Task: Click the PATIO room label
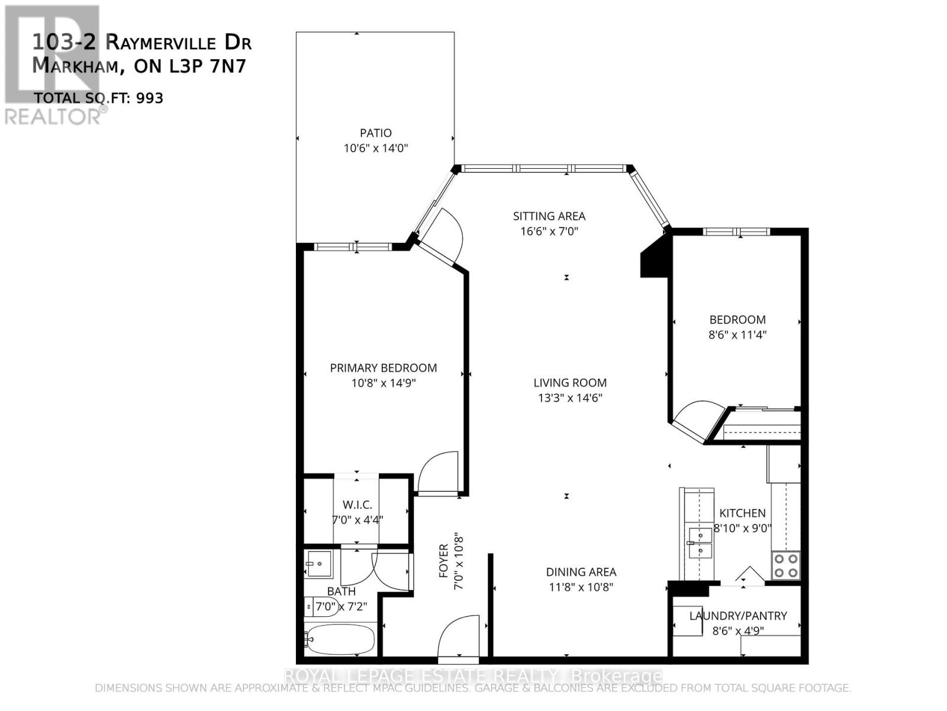pyautogui.click(x=375, y=133)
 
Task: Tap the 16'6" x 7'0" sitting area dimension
pyautogui.click(x=549, y=231)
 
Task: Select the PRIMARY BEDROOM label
pyautogui.click(x=383, y=368)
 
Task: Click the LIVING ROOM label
pyautogui.click(x=569, y=383)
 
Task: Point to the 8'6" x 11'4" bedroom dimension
pyautogui.click(x=737, y=335)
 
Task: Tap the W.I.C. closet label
pyautogui.click(x=357, y=505)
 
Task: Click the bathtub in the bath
pyautogui.click(x=340, y=639)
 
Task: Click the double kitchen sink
pyautogui.click(x=701, y=543)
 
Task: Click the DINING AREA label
pyautogui.click(x=581, y=572)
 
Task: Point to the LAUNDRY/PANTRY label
pyautogui.click(x=737, y=616)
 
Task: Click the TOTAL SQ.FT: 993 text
pyautogui.click(x=98, y=98)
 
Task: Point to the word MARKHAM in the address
pyautogui.click(x=75, y=66)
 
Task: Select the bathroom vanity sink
pyautogui.click(x=320, y=562)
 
